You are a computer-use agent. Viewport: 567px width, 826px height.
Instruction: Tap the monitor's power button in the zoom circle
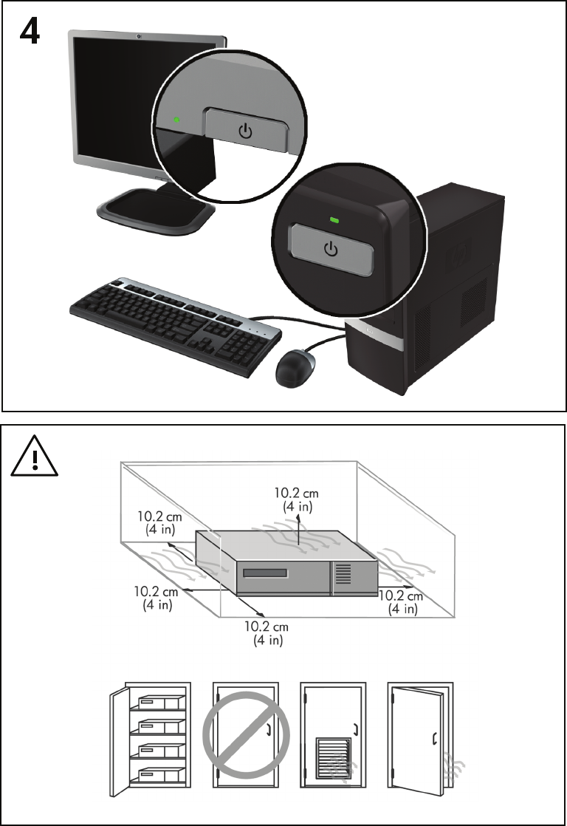245,129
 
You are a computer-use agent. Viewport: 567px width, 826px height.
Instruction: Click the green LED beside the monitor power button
177,119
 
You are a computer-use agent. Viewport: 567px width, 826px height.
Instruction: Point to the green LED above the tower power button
335,219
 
